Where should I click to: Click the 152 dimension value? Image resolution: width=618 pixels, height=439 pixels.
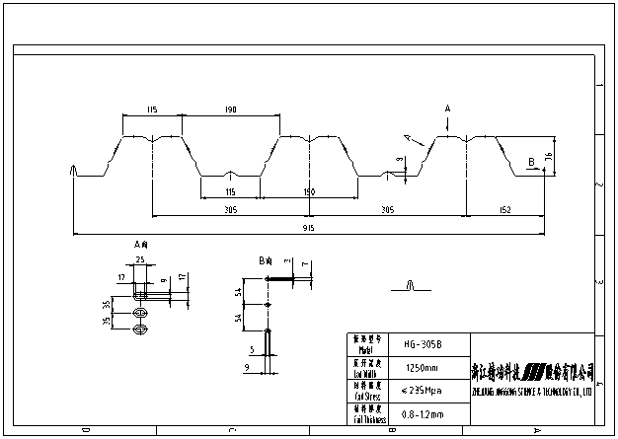pyautogui.click(x=505, y=208)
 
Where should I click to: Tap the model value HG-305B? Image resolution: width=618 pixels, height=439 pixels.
pyautogui.click(x=423, y=344)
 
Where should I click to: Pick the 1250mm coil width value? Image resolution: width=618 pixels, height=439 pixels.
pyautogui.click(x=423, y=369)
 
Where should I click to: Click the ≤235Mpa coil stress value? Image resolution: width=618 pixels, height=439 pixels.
pyautogui.click(x=423, y=392)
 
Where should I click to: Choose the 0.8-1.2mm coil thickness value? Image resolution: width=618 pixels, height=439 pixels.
pyautogui.click(x=423, y=414)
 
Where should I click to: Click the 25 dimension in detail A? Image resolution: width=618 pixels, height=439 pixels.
pyautogui.click(x=140, y=259)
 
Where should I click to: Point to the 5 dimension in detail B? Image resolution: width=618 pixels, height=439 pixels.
pyautogui.click(x=252, y=348)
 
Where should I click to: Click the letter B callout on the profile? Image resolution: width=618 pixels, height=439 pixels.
pyautogui.click(x=531, y=160)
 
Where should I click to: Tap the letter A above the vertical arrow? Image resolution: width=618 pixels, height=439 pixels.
pyautogui.click(x=447, y=107)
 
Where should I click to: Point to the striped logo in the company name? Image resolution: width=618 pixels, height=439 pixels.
pyautogui.click(x=533, y=372)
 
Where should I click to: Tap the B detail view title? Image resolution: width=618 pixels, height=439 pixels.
pyautogui.click(x=265, y=260)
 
